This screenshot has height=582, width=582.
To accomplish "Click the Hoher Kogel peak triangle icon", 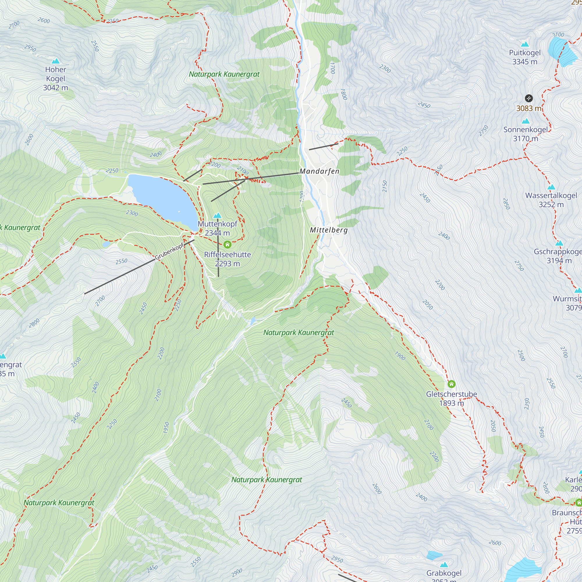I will pos(55,61).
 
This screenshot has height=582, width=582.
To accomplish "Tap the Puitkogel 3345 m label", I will pos(525,57).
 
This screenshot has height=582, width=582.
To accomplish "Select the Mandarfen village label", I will pos(319,171).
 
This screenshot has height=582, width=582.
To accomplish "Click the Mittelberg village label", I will pos(329,230).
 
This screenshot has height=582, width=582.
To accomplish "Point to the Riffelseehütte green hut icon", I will pos(228,244).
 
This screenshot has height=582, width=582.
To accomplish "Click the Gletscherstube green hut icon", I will pos(451,384).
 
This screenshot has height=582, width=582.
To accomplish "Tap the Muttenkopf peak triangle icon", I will pos(217,215).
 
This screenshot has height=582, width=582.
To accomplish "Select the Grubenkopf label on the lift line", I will pos(169,251).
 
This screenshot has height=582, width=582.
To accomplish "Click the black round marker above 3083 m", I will pos(529,98).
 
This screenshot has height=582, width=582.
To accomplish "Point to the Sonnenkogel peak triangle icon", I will pos(526,121).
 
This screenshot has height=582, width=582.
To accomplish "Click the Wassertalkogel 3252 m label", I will pos(551,200).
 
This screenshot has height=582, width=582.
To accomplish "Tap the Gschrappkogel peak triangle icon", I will pos(559,243).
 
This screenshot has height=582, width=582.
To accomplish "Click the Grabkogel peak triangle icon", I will pos(444,565).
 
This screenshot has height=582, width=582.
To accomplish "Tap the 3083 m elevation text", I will pos(529,109).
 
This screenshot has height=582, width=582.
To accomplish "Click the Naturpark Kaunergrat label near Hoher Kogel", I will pos(224,74).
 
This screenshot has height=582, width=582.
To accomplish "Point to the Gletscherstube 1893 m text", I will pos(451,399).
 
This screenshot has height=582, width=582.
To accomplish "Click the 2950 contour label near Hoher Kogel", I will pos(30,48).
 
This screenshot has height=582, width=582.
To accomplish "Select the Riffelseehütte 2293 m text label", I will pos(228,259).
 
